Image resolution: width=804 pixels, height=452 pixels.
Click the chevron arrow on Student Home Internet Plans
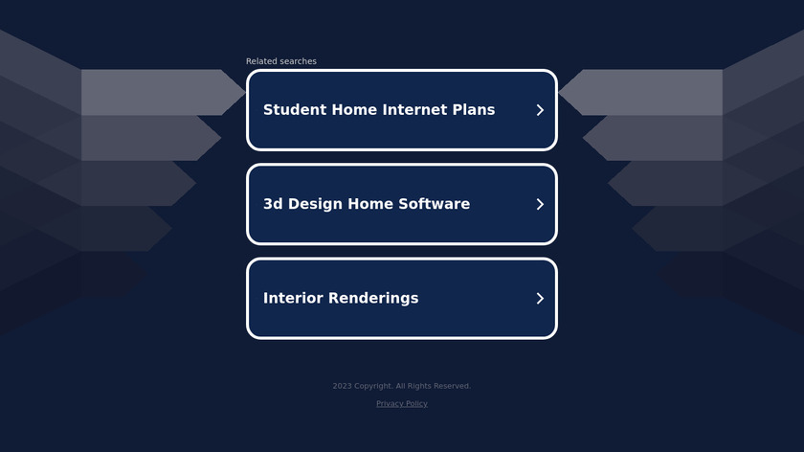pyautogui.click(x=540, y=110)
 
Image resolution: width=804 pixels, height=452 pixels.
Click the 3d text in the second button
pyautogui.click(x=273, y=204)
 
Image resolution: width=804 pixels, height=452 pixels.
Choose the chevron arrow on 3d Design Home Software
pyautogui.click(x=540, y=204)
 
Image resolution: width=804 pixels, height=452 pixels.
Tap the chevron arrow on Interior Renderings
pyautogui.click(x=540, y=299)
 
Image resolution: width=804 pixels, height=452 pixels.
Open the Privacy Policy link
pyautogui.click(x=402, y=404)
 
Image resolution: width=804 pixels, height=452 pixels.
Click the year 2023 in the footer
pyautogui.click(x=342, y=386)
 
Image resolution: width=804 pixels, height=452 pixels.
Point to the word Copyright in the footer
pyautogui.click(x=374, y=386)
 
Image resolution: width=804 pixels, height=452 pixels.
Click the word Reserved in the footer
pyautogui.click(x=452, y=386)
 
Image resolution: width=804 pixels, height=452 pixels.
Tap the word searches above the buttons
pyautogui.click(x=299, y=61)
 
